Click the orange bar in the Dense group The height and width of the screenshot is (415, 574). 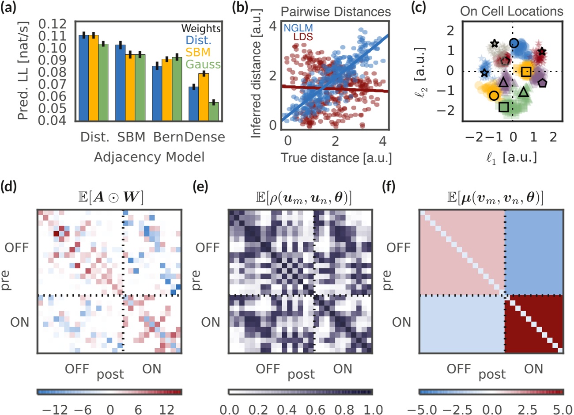[204, 96]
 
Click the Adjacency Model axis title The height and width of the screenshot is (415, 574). [149, 157]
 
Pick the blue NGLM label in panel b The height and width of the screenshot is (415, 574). [298, 28]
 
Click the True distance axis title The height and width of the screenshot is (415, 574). [336, 157]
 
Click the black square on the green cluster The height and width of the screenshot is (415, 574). [503, 107]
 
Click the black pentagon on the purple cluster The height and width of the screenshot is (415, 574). [542, 83]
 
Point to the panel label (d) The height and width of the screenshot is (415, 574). [9, 187]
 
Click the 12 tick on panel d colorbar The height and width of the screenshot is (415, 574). [167, 409]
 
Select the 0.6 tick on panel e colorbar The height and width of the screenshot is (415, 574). [316, 409]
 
